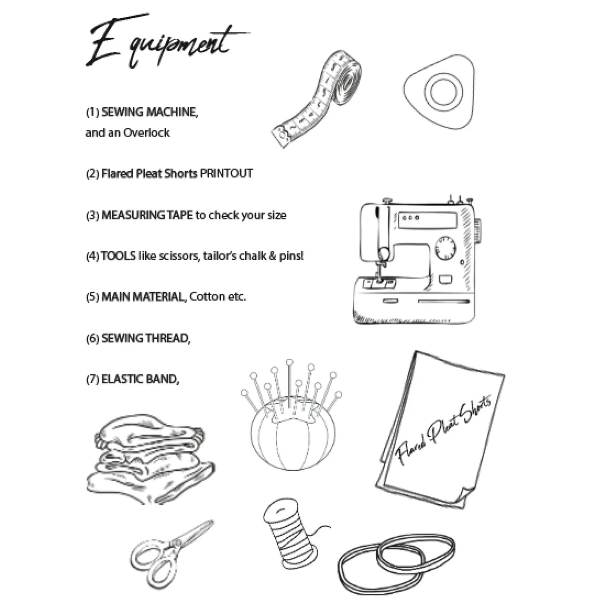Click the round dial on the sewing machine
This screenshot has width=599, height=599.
[445, 248]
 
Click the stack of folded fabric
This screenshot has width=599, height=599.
[150, 459]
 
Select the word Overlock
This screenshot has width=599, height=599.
[146, 133]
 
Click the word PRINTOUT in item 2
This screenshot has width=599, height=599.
[226, 173]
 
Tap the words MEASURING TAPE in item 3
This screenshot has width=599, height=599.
[147, 215]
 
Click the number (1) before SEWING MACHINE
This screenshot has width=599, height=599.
[92, 112]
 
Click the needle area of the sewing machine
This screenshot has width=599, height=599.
[379, 269]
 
